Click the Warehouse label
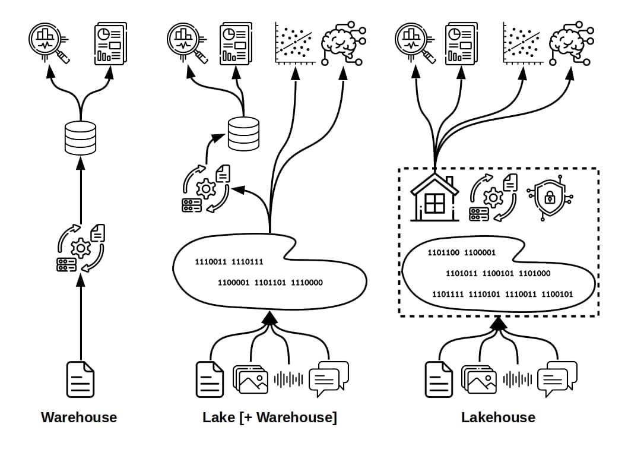[79, 417]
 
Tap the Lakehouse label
[498, 417]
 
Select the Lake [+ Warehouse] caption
[270, 417]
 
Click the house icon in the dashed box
[434, 197]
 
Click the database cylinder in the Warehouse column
[81, 138]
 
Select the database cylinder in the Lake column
[243, 134]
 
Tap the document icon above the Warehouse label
[80, 379]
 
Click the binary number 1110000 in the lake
[307, 283]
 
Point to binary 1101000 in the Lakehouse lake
[535, 273]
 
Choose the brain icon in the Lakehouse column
[571, 43]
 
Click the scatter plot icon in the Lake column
[295, 43]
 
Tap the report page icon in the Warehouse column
[110, 43]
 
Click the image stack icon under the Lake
[250, 379]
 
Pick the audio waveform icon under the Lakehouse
[518, 379]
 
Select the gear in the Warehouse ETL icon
[81, 248]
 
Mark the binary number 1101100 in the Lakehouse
[443, 252]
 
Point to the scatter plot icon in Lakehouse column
[523, 43]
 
